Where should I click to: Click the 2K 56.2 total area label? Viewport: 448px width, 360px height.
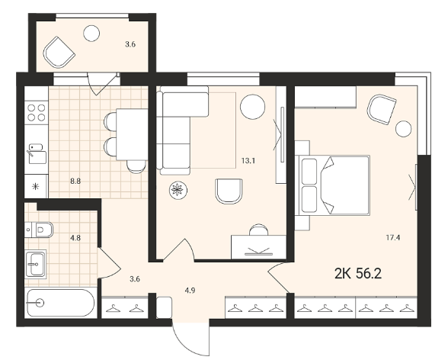click(358, 274)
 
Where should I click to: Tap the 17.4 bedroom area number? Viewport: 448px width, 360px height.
click(393, 237)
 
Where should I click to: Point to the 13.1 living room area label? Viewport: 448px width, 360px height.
click(248, 161)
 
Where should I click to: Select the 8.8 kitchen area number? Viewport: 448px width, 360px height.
click(75, 181)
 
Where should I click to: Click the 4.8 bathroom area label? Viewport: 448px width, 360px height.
click(75, 238)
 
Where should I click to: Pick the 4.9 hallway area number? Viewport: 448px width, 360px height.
click(190, 291)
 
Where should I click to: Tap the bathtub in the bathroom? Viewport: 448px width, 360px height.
click(60, 303)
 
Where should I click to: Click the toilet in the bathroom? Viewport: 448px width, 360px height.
click(40, 230)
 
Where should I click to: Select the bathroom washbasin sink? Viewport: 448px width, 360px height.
click(35, 264)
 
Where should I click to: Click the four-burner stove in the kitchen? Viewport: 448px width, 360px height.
click(37, 112)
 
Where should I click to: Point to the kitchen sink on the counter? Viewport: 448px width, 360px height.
click(37, 153)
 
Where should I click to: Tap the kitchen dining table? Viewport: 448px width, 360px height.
click(132, 134)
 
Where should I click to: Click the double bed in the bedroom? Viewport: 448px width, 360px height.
click(334, 185)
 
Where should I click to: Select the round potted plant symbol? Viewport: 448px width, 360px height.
click(178, 190)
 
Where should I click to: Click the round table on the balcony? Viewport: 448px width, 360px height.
click(91, 33)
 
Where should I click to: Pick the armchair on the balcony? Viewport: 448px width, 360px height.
click(59, 53)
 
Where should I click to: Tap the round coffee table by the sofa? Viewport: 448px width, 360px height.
click(253, 107)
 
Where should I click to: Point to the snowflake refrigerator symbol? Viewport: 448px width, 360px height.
click(36, 187)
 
